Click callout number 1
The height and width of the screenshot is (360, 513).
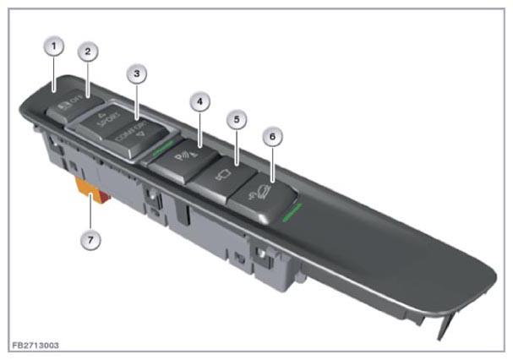tap(53, 46)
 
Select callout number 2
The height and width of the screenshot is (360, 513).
tap(88, 52)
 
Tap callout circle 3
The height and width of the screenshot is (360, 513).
tap(137, 74)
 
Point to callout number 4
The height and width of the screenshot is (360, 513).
tap(200, 101)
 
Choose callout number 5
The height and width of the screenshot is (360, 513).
tap(237, 119)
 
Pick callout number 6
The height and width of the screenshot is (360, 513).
tap(272, 136)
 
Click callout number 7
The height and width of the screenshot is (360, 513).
tap(90, 240)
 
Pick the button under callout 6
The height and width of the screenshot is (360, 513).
tap(262, 198)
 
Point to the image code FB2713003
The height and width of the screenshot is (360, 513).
tap(35, 346)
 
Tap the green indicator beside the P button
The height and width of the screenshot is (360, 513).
tap(163, 148)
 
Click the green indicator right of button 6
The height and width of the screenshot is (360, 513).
tap(292, 212)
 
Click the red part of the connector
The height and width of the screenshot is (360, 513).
tap(106, 198)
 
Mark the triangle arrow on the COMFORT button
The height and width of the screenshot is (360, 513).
tap(142, 133)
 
